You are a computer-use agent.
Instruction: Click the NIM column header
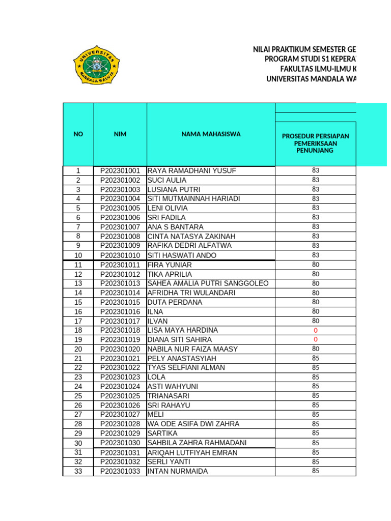coord(120,134)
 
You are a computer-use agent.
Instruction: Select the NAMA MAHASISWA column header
coord(211,134)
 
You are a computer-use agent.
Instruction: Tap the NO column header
coord(78,134)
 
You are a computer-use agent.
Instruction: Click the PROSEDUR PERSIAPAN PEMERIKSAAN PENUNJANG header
coord(315,143)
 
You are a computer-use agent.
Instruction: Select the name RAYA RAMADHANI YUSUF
coord(191,171)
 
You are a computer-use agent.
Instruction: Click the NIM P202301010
coord(120,255)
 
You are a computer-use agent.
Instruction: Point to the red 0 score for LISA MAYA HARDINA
coord(316,330)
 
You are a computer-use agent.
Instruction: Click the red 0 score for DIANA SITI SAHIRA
coord(316,339)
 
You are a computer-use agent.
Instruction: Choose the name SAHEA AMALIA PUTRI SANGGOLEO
coord(208,283)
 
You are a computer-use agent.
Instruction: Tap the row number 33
coord(78,471)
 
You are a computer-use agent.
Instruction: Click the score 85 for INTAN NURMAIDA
coord(316,471)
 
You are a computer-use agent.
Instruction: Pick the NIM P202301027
coord(120,415)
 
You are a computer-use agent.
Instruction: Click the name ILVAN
coord(157,321)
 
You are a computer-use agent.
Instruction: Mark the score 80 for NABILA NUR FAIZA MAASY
coord(316,349)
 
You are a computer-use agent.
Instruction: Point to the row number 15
coord(78,302)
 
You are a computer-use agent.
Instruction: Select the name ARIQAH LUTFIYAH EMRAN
coord(192,453)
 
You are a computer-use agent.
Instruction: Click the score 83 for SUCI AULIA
coord(316,180)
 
